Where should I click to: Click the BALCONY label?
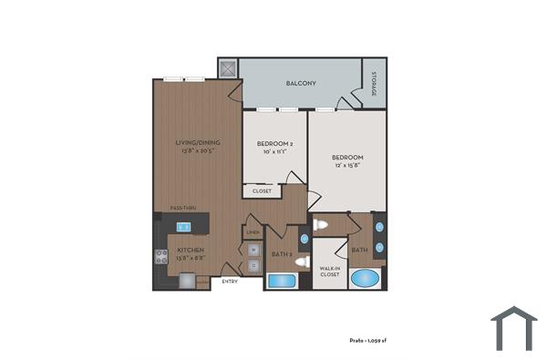[x=301, y=84]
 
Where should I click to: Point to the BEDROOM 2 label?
[x=273, y=144]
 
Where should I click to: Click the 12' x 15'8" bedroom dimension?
[x=347, y=165]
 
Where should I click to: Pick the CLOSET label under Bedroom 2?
[x=262, y=191]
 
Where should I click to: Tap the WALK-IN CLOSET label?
[x=329, y=271]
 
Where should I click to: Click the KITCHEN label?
[x=190, y=249]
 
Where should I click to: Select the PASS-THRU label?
[x=184, y=209]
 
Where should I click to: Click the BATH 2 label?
[x=281, y=254]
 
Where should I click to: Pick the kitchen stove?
[x=160, y=257]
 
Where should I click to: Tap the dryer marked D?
[x=253, y=265]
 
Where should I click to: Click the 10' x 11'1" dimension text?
[x=273, y=152]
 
